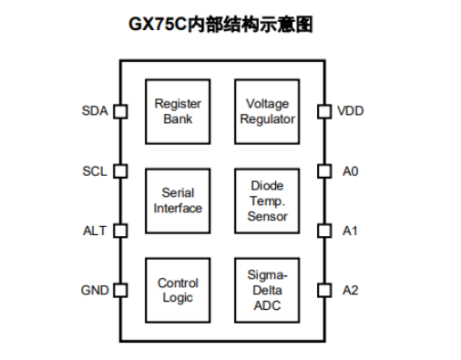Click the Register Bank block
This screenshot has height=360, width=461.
[178, 110]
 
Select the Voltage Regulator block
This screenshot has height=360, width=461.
[267, 110]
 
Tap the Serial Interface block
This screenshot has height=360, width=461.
[178, 200]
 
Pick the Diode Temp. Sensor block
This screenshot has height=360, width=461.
[267, 200]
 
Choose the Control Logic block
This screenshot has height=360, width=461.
[178, 290]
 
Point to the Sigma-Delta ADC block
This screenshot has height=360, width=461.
[267, 290]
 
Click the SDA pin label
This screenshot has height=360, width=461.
[94, 111]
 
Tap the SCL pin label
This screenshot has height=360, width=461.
[94, 170]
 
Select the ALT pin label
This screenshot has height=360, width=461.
[95, 231]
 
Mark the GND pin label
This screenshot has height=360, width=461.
[94, 291]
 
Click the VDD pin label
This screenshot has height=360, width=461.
[351, 111]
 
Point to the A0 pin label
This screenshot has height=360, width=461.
[350, 170]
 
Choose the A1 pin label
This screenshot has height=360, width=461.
[350, 231]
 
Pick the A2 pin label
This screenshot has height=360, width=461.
[350, 291]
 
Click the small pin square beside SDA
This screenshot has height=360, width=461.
[119, 111]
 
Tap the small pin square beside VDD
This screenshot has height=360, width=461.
[323, 111]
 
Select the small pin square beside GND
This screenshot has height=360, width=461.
[119, 291]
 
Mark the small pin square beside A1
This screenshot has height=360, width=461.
[323, 231]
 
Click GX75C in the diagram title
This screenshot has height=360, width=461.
[158, 25]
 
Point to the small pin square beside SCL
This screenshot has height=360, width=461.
[119, 170]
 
